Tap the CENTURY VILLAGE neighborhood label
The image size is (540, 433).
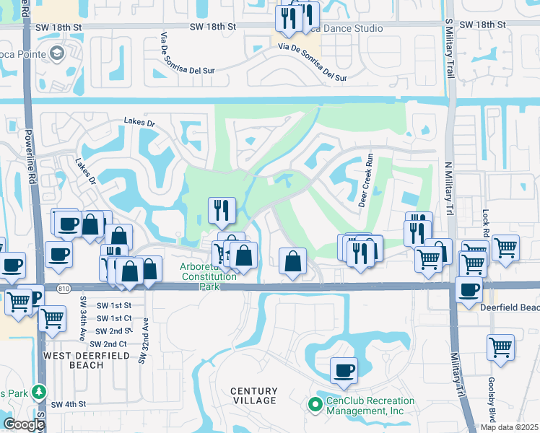253,395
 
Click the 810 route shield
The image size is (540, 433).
64,289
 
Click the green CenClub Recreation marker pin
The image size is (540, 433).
314,406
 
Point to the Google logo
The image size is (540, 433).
24,424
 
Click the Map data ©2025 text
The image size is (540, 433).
509,427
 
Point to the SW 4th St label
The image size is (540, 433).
69,404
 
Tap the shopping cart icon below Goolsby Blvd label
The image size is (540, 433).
500,347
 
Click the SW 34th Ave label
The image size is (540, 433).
83,318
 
